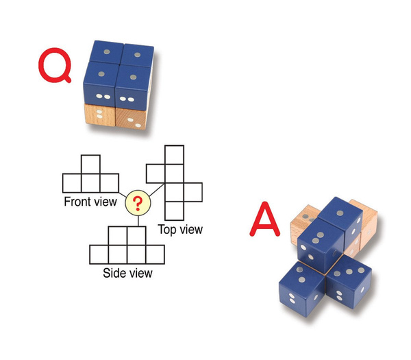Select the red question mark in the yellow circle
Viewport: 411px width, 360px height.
pos(138,202)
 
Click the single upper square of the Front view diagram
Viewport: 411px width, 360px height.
pos(90,165)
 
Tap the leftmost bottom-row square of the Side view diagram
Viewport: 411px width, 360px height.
pos(99,254)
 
